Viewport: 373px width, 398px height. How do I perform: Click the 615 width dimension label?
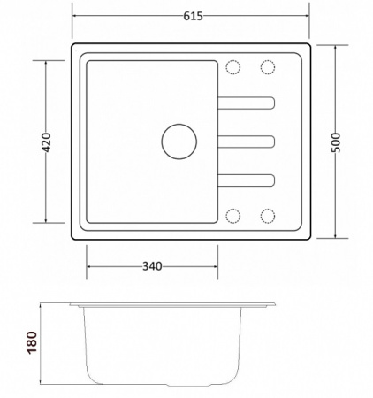point(193,16)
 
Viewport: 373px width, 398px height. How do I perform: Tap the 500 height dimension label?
point(336,142)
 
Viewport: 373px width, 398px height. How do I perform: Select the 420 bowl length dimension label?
point(46,142)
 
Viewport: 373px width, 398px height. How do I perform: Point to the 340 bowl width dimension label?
point(152,266)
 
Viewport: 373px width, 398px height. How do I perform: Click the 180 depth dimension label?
point(32,342)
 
